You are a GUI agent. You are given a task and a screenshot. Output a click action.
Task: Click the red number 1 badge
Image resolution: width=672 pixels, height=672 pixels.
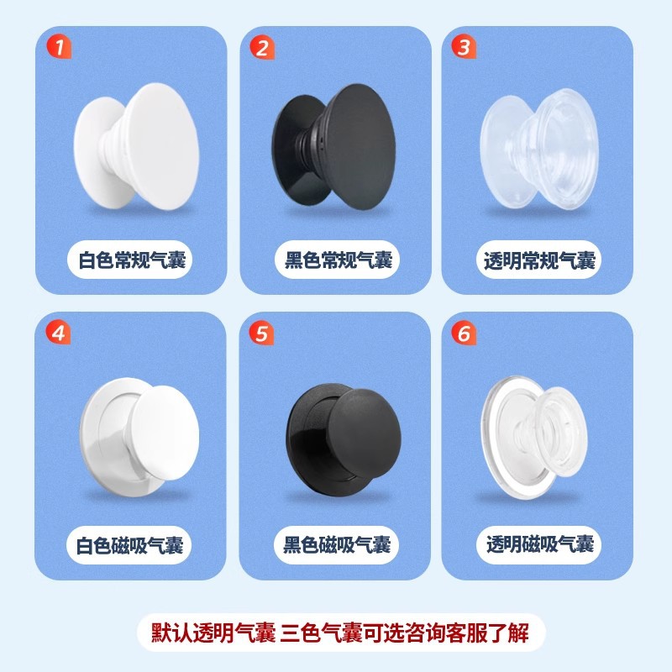point(59,47)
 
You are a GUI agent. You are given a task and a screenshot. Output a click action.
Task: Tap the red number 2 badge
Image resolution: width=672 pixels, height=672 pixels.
point(262,47)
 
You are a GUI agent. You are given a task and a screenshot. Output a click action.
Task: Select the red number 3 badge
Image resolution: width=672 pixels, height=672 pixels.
point(464,47)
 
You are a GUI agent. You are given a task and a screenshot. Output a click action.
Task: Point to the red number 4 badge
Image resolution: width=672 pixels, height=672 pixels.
point(58,333)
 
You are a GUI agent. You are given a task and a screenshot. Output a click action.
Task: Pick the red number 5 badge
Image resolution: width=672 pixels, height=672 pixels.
point(261,333)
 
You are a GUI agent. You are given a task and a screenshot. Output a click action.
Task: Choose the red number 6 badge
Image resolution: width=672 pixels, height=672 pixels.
point(464,333)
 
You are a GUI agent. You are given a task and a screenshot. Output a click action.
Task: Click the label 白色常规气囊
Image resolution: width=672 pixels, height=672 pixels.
point(132,260)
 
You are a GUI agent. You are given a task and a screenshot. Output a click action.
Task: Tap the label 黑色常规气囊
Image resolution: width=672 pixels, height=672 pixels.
point(339,260)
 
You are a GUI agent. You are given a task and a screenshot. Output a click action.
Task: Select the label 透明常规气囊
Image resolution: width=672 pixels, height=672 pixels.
point(539,260)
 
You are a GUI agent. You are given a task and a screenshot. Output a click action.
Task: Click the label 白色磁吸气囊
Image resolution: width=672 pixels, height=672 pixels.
point(130,545)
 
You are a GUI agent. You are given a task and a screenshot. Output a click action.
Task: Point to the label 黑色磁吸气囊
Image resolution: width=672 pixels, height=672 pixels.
point(337,545)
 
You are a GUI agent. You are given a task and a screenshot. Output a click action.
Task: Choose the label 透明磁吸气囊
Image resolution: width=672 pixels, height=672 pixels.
point(540,544)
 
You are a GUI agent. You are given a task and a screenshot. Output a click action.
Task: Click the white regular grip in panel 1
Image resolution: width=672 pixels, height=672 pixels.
point(136,146)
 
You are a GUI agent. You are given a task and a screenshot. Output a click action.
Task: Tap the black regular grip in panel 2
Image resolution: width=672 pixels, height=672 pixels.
point(333,146)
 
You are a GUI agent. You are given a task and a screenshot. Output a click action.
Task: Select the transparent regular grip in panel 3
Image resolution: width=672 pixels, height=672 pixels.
point(539,150)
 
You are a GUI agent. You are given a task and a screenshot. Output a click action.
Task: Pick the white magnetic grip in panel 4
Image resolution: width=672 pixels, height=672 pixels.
point(139,437)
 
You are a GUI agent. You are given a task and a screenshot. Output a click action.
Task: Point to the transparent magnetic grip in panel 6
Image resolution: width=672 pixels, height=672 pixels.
point(534,437)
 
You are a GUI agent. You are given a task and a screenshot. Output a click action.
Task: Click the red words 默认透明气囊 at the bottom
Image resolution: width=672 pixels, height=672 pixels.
point(213,633)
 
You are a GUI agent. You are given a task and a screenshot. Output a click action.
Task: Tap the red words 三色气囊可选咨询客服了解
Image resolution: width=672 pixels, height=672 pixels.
point(405,633)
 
